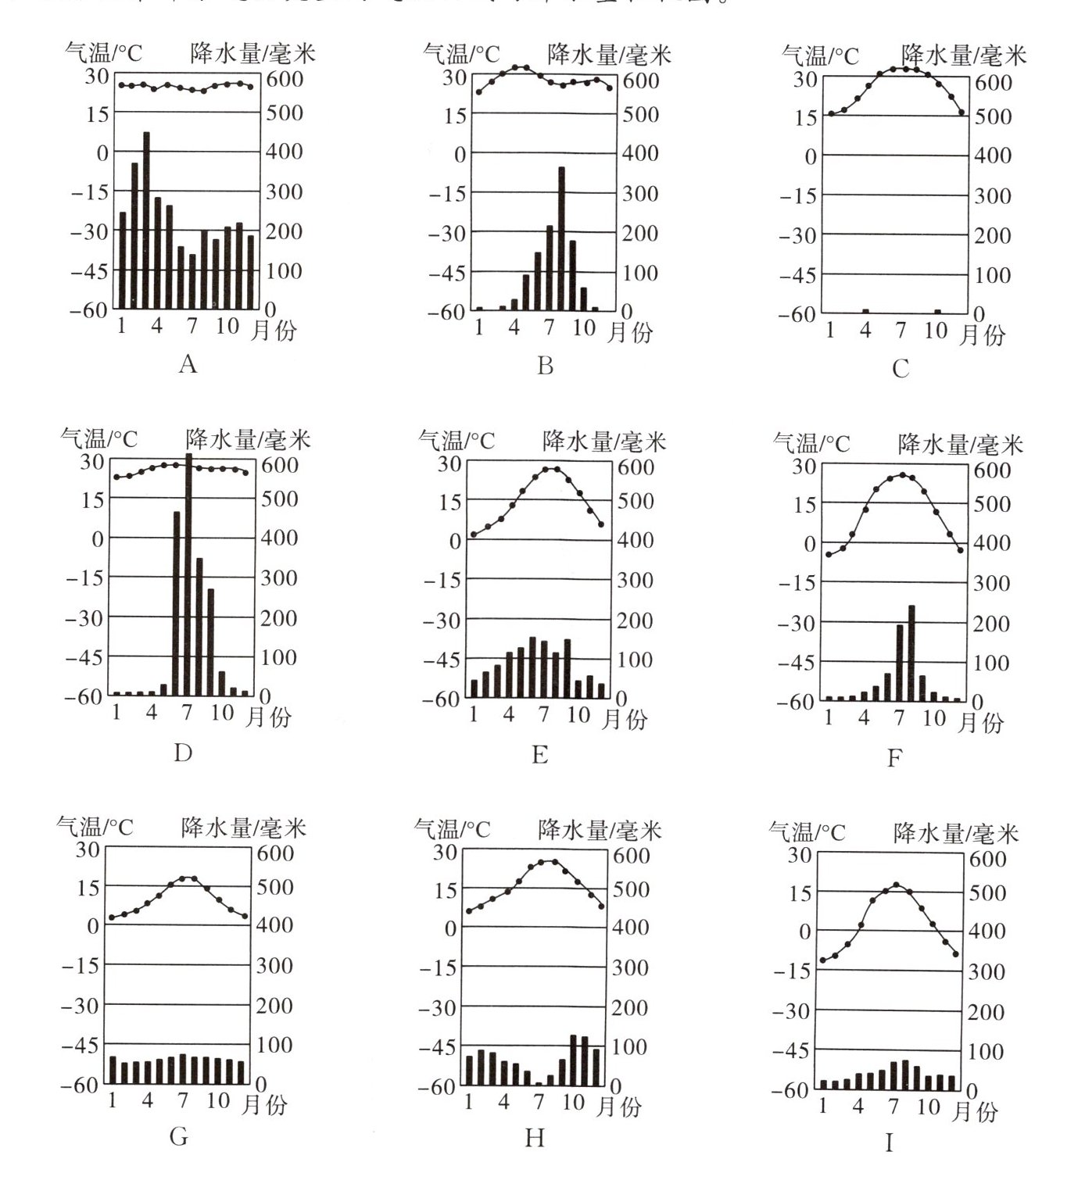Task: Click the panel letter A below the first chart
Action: (188, 364)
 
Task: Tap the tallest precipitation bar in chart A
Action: (146, 219)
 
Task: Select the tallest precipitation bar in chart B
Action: (561, 238)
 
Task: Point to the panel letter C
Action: (901, 369)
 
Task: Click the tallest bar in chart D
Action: (188, 574)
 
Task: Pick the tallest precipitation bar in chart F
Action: (911, 653)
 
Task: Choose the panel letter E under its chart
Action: (539, 755)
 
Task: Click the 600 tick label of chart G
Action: (275, 853)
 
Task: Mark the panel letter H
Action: (535, 1138)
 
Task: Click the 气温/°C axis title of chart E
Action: (457, 442)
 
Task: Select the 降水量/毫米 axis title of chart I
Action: (956, 834)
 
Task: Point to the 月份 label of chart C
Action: (981, 335)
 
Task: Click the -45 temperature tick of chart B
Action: (448, 273)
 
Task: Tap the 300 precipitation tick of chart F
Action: (993, 584)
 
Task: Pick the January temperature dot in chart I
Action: (822, 960)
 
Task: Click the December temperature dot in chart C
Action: (961, 113)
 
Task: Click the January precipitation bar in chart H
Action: (470, 1070)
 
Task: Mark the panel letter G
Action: (179, 1136)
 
